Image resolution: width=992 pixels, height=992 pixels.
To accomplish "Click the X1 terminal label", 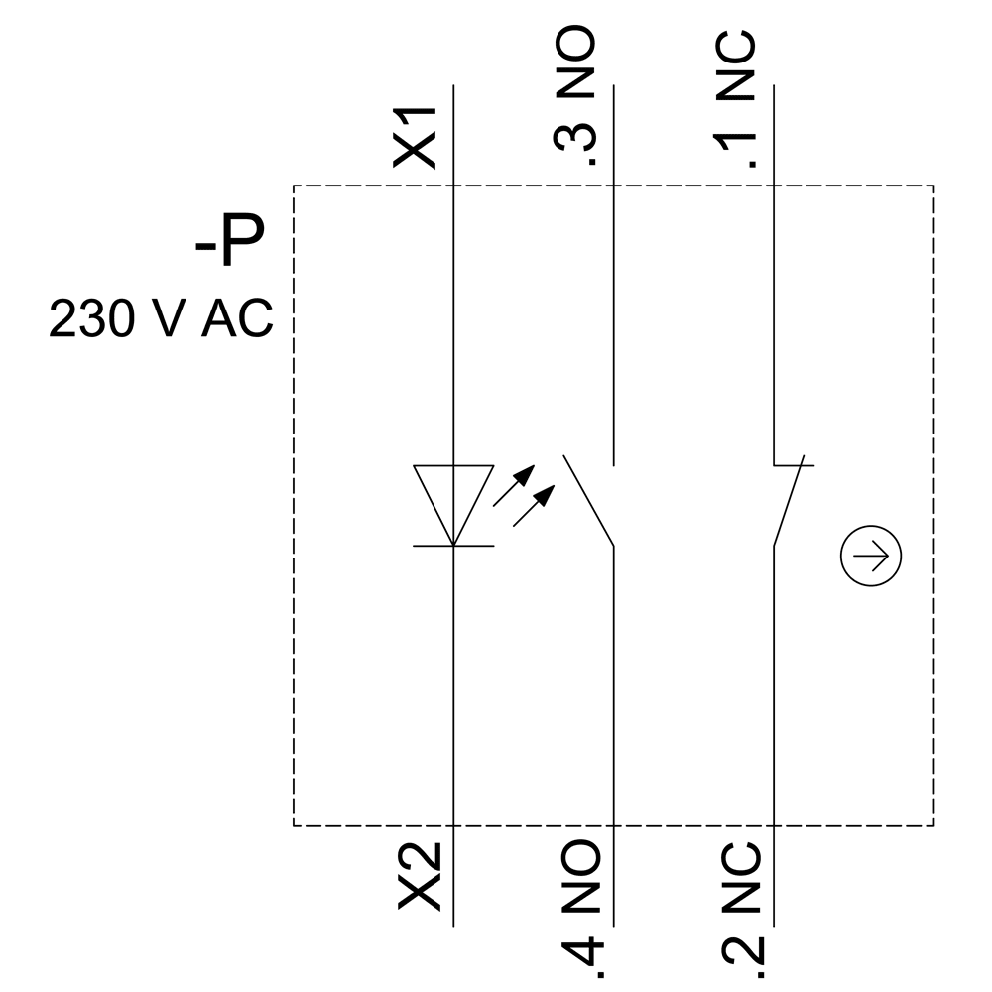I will pyautogui.click(x=421, y=137).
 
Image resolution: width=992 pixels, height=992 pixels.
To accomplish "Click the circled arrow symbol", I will pyautogui.click(x=871, y=558).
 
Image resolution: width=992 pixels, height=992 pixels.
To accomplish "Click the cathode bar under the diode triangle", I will pyautogui.click(x=453, y=546).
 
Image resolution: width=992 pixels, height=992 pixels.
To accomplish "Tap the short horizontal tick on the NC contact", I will pyautogui.click(x=794, y=463).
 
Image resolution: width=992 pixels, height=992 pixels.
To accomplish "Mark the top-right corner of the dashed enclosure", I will pyautogui.click(x=933, y=186).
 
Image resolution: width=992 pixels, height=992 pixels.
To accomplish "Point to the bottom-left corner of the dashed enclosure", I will pyautogui.click(x=294, y=825).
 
